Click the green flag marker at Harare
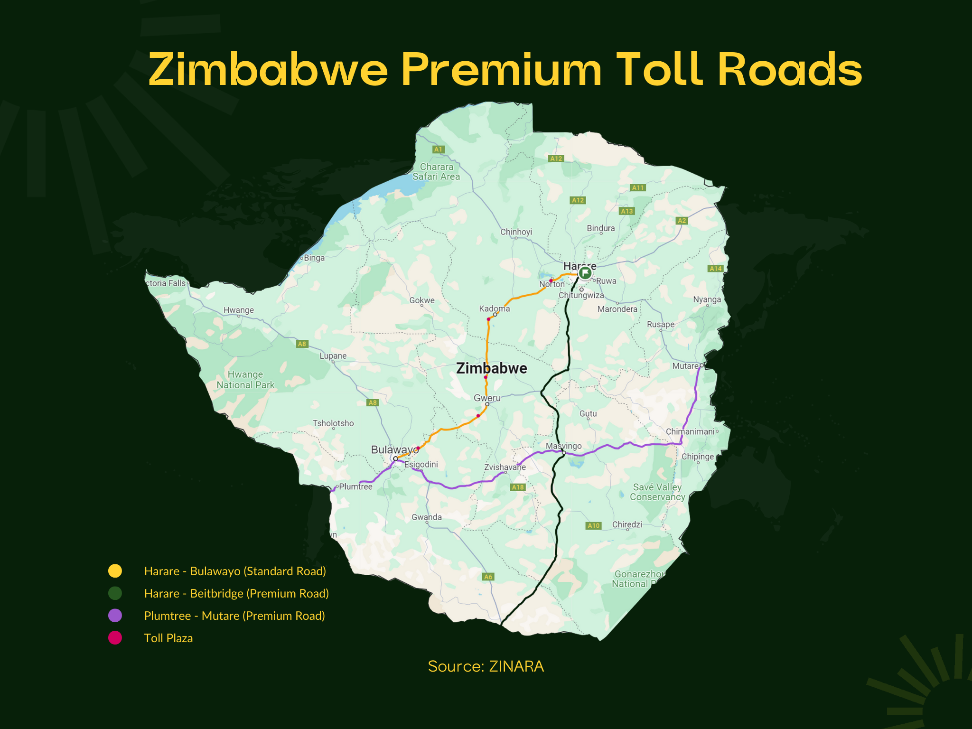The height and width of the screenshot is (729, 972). [x=585, y=273]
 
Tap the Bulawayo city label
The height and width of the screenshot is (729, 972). [x=393, y=449]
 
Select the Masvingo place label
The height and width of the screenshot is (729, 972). [x=563, y=446]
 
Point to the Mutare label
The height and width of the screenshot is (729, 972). [x=685, y=366]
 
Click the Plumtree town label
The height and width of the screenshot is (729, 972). [x=355, y=486]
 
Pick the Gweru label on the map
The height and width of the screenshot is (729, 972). [x=487, y=398]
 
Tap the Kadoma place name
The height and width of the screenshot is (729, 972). [x=495, y=308]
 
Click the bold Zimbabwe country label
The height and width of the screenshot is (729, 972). [x=491, y=368]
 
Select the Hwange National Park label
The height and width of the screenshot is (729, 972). [x=245, y=380]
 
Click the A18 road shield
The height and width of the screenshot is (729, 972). [x=518, y=487]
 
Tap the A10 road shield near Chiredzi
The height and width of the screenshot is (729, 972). [x=594, y=525]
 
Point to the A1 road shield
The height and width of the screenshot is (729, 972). [x=439, y=150]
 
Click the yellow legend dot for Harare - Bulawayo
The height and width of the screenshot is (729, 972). [x=115, y=571]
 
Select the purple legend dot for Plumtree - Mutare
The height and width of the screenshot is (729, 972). [x=115, y=616]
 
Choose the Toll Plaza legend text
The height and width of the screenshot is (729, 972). [x=168, y=638]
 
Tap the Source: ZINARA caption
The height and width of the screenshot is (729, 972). [x=486, y=666]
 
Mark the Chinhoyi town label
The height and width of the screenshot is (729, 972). [x=516, y=232]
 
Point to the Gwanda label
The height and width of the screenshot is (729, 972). [x=427, y=517]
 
